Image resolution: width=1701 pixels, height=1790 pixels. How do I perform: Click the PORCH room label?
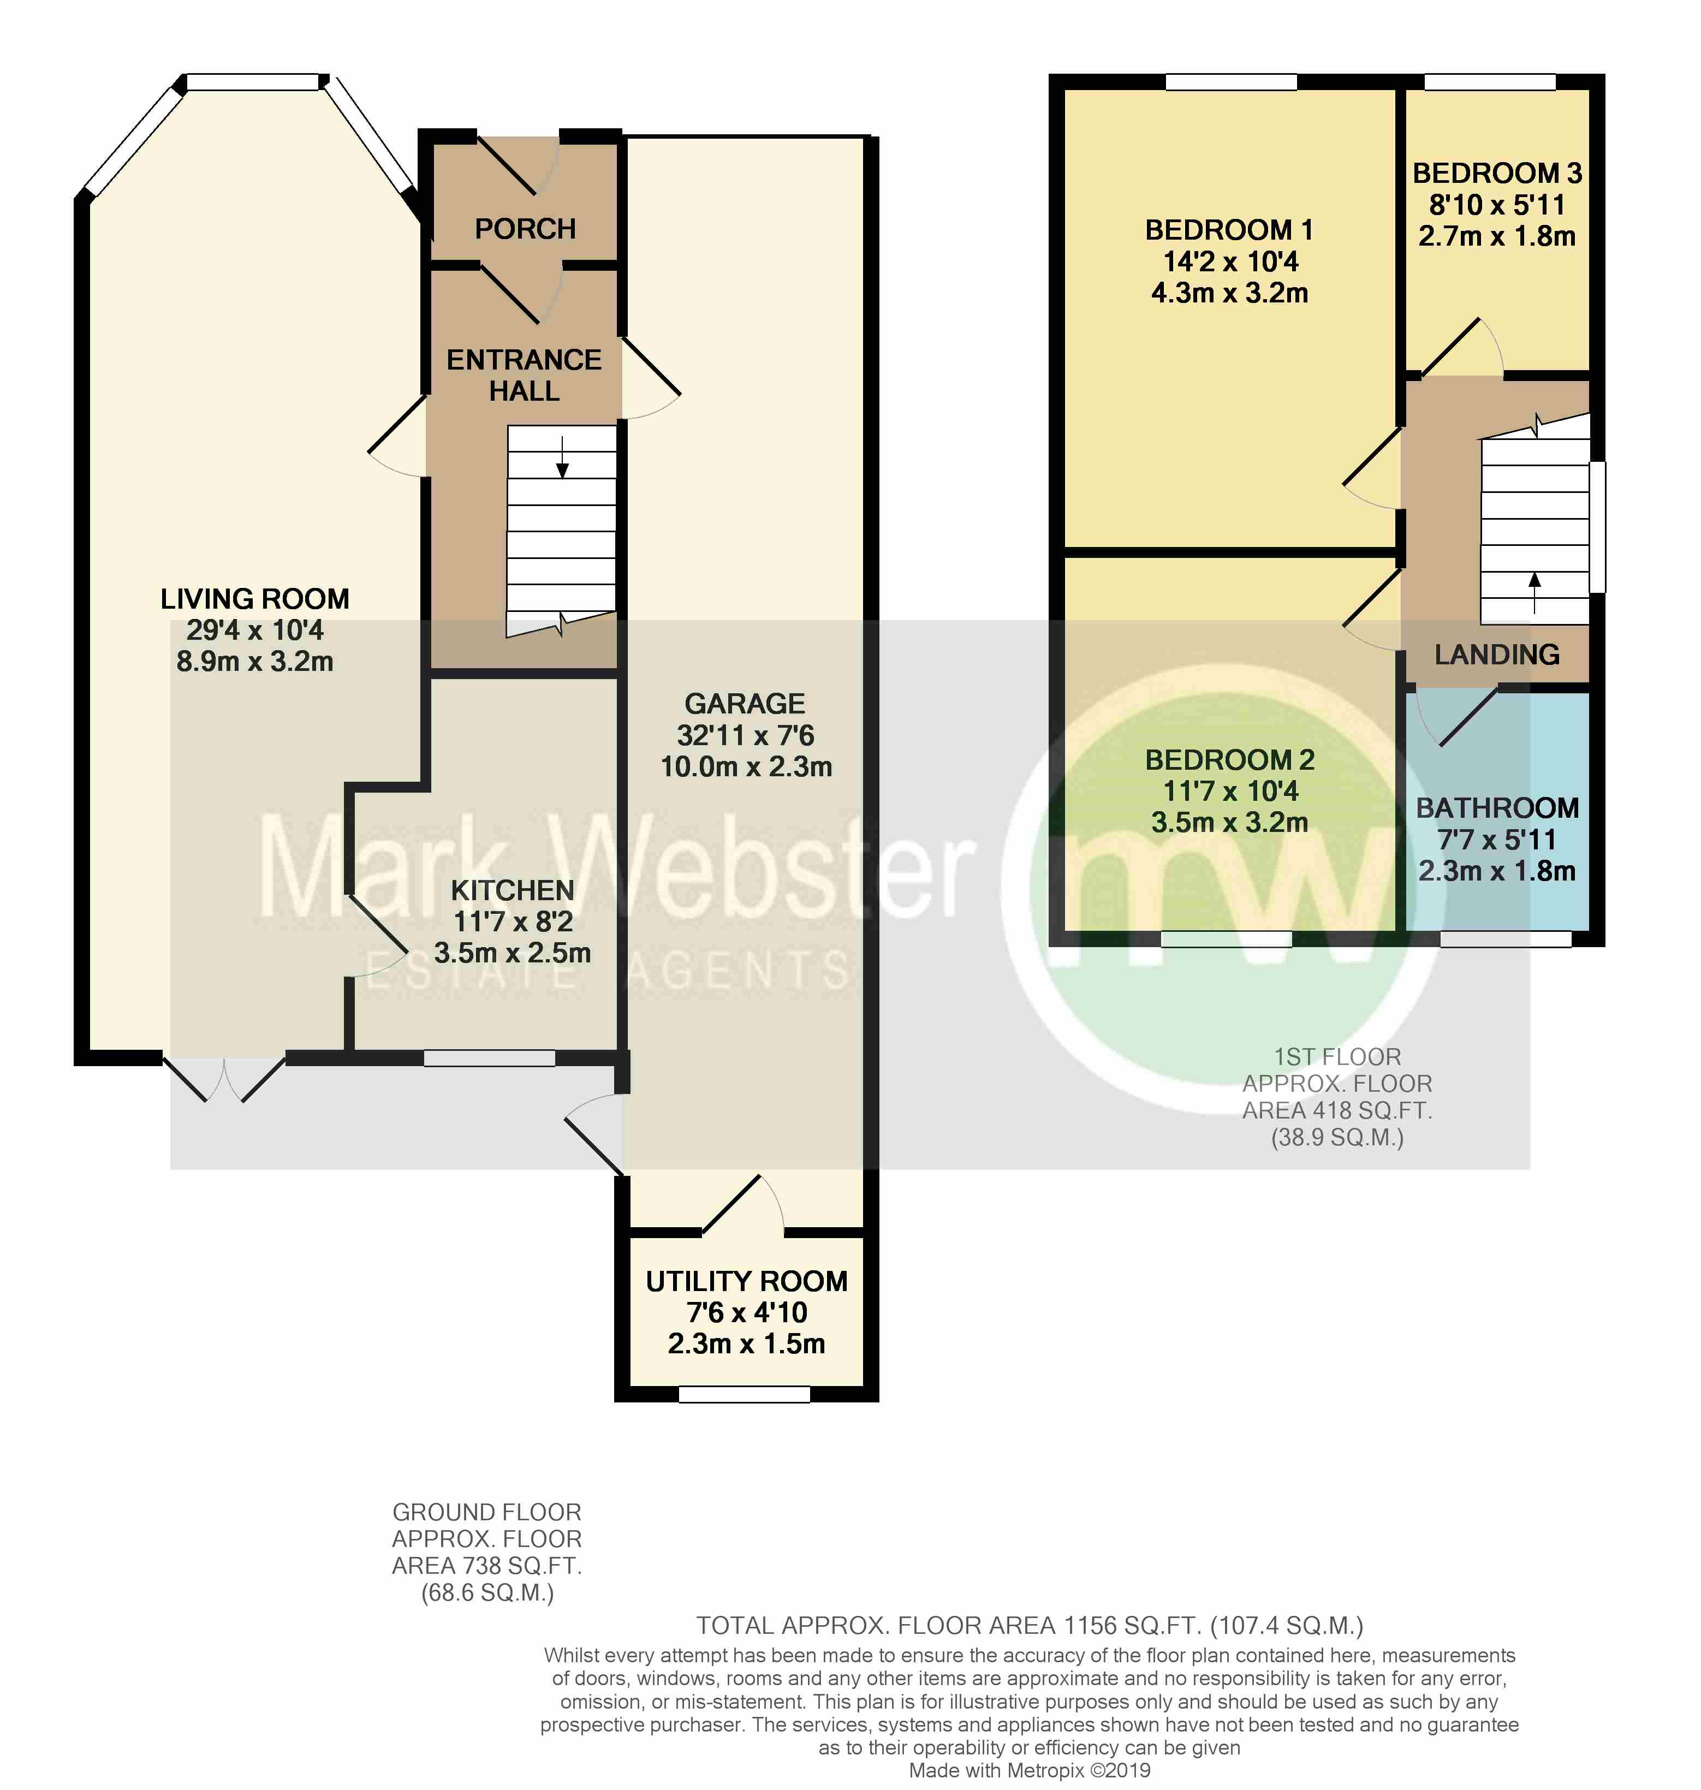point(525,229)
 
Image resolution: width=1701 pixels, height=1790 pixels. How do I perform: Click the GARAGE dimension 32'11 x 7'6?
point(745,735)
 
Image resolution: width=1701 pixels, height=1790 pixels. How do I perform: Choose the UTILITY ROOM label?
point(746,1281)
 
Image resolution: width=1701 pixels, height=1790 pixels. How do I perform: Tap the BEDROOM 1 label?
point(1229,230)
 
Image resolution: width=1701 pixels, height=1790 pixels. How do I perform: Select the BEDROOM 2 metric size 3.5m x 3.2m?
point(1229,823)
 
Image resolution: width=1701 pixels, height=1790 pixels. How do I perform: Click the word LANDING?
point(1497,655)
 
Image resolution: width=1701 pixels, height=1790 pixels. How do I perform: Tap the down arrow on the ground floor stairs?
point(562,457)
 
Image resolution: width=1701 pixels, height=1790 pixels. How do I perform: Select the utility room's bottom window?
point(745,1394)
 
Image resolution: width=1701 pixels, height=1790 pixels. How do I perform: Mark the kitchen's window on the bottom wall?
point(490,1057)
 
